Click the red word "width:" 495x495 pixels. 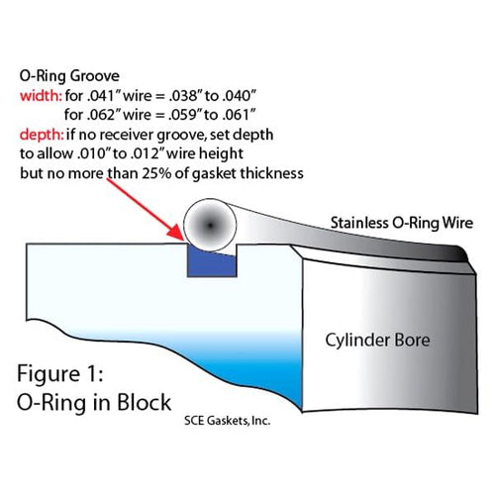41,96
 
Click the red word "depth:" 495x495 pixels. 42,135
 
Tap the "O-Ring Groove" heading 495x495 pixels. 69,76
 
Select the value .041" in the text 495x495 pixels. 100,96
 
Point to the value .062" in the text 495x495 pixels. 100,115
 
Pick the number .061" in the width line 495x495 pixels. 239,115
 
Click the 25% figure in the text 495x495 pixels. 156,173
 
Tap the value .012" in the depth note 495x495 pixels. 146,153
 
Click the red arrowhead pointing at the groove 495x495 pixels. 175,232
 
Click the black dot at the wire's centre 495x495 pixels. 210,226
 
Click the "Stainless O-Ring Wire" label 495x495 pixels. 402,223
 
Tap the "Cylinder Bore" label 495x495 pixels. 377,341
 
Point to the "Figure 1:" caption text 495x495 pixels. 60,374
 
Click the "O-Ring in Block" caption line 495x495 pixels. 94,403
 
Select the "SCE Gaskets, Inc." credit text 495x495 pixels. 228,421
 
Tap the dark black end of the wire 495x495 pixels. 459,253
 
